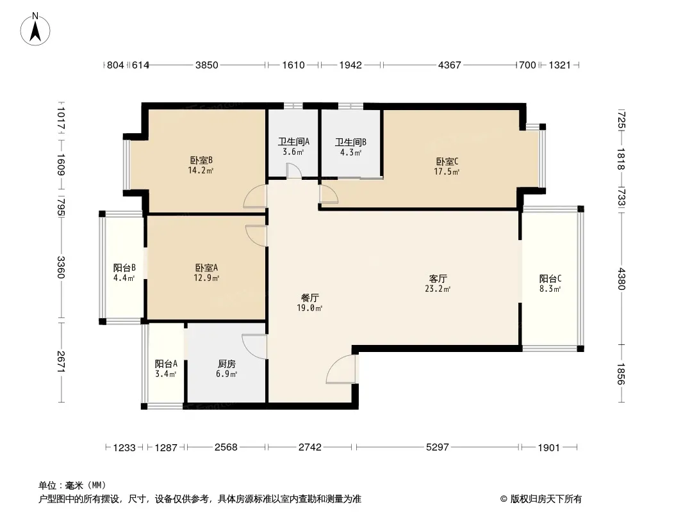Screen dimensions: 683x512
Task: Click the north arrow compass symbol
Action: coord(35,29)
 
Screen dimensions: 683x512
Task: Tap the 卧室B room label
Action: coord(201,165)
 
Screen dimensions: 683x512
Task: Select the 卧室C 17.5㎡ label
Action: coord(447,166)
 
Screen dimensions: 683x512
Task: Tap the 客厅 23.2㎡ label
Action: coord(438,283)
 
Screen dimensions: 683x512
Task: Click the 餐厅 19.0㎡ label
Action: coord(309,303)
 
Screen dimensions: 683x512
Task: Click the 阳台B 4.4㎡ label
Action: coord(124,273)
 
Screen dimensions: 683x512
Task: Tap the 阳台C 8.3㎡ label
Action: coord(550,283)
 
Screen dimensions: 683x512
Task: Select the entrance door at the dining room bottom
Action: coord(341,369)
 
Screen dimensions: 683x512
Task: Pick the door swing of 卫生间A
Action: coord(294,170)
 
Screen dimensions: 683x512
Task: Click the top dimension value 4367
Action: coord(450,65)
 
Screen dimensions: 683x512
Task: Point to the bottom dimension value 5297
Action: coord(438,447)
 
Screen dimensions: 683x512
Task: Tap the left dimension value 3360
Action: coord(61,268)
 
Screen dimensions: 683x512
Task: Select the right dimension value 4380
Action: coord(621,279)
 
